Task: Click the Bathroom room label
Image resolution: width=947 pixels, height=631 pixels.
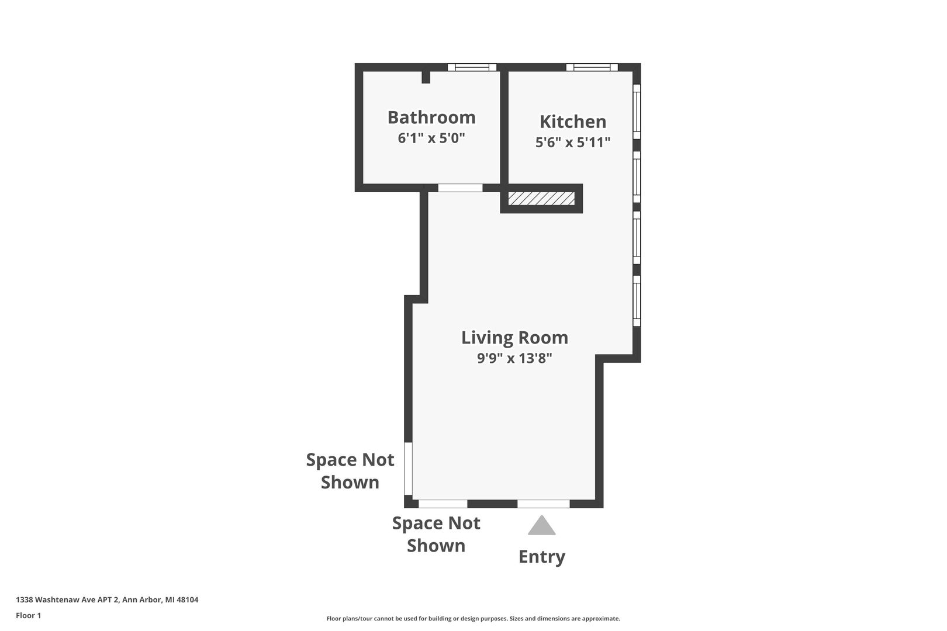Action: coord(431,117)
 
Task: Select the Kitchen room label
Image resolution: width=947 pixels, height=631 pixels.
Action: coord(573,122)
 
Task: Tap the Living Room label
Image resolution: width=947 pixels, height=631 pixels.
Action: coord(514,338)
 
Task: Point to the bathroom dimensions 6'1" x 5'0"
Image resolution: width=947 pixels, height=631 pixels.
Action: coord(431,138)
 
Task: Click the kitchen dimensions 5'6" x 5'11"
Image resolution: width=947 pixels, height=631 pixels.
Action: coord(573,143)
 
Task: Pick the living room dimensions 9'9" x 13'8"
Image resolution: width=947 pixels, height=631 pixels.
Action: coord(514,358)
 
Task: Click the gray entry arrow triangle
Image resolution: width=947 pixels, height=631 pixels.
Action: coord(541,525)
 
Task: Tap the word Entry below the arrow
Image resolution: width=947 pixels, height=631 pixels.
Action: coord(541,557)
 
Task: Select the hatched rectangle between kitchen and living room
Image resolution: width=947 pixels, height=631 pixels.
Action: coord(541,198)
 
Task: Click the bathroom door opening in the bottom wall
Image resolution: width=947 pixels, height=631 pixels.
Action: coord(460,188)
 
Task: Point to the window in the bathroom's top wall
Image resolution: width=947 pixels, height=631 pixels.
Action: coord(472,67)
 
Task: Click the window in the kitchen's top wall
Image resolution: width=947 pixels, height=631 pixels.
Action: coord(592,67)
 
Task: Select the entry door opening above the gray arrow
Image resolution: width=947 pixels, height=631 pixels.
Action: coord(544,504)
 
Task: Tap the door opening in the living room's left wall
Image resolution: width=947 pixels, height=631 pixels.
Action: coord(409,469)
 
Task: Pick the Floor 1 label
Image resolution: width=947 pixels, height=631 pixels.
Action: coord(28,615)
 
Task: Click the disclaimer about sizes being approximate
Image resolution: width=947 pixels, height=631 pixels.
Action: coord(473,619)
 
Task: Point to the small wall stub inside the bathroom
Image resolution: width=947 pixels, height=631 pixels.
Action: coord(426,77)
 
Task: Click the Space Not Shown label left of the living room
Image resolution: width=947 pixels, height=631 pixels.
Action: coord(350,471)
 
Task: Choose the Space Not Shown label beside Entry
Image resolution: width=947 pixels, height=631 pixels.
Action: coord(436,534)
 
